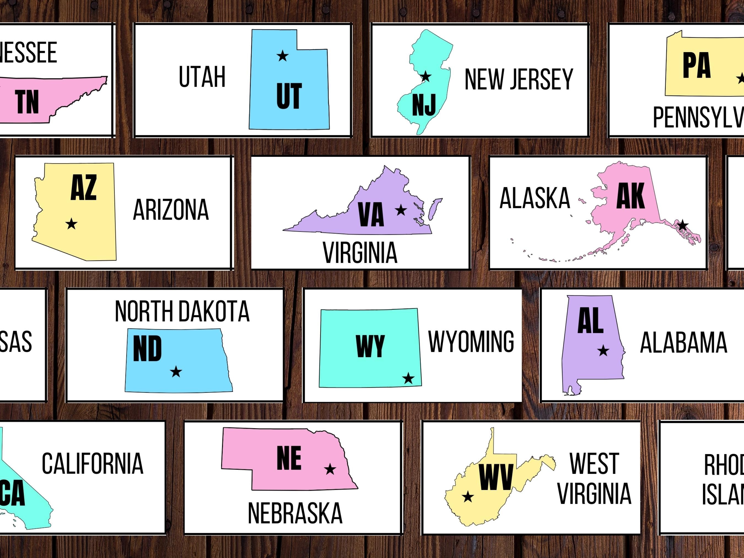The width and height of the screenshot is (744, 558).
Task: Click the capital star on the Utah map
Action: pyautogui.click(x=282, y=56)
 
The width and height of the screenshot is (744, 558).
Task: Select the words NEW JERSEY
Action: pyautogui.click(x=518, y=79)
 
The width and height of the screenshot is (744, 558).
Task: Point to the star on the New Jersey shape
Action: pyautogui.click(x=425, y=77)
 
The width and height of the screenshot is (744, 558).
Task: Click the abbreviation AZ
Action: pyautogui.click(x=83, y=188)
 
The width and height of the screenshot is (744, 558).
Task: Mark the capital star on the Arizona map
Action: pyautogui.click(x=71, y=224)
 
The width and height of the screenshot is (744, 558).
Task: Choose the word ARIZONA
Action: pyautogui.click(x=171, y=210)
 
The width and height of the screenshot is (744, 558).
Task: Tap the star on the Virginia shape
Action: pyautogui.click(x=401, y=210)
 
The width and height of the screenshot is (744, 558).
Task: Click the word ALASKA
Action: pyautogui.click(x=535, y=198)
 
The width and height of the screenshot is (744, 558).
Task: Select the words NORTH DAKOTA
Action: pyautogui.click(x=182, y=311)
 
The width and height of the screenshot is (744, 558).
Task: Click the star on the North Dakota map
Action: pyautogui.click(x=176, y=372)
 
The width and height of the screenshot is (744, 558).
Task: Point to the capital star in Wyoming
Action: pyautogui.click(x=408, y=378)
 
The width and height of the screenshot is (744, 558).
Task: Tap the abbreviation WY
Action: pyautogui.click(x=370, y=346)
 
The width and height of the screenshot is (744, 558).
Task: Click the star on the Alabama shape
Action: pyautogui.click(x=603, y=351)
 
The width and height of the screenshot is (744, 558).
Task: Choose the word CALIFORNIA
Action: pyautogui.click(x=93, y=464)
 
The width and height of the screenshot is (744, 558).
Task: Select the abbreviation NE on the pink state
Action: pyautogui.click(x=289, y=458)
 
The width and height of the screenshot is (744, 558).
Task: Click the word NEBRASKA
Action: pyautogui.click(x=295, y=513)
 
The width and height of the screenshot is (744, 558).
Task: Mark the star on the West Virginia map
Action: pyautogui.click(x=468, y=497)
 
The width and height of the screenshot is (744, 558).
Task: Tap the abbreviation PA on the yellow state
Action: pyautogui.click(x=696, y=66)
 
